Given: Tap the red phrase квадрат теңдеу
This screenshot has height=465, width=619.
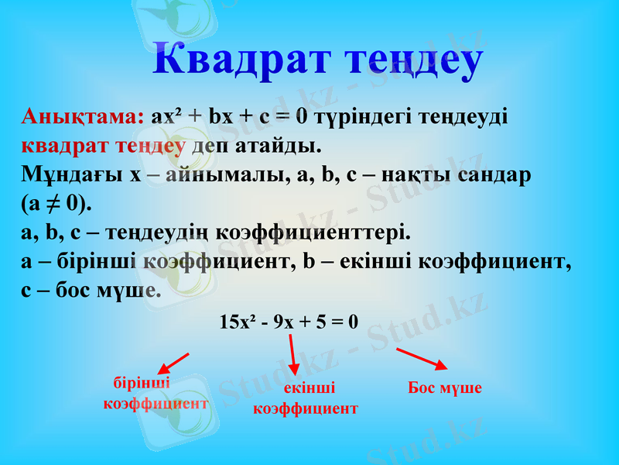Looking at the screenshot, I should (x=103, y=146).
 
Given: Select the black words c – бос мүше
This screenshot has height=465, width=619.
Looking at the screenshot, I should (x=91, y=291).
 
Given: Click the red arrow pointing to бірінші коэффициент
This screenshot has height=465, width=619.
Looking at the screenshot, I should (x=173, y=363).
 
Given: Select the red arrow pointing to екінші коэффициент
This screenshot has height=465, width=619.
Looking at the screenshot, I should (x=292, y=356).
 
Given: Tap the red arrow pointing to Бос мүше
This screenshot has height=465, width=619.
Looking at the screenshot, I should (x=422, y=360).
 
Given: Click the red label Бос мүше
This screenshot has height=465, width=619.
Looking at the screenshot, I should (x=445, y=388).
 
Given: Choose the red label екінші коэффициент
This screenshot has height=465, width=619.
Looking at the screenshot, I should (x=306, y=398).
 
